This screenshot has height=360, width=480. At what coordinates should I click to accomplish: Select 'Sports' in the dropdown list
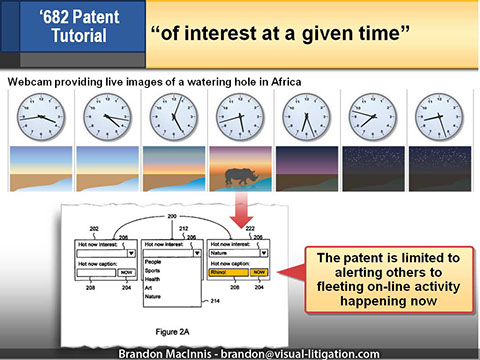tap(153, 270)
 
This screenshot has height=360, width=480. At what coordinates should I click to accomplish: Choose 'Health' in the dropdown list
tap(153, 281)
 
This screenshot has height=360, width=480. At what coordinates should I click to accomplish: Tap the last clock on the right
tap(438, 118)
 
